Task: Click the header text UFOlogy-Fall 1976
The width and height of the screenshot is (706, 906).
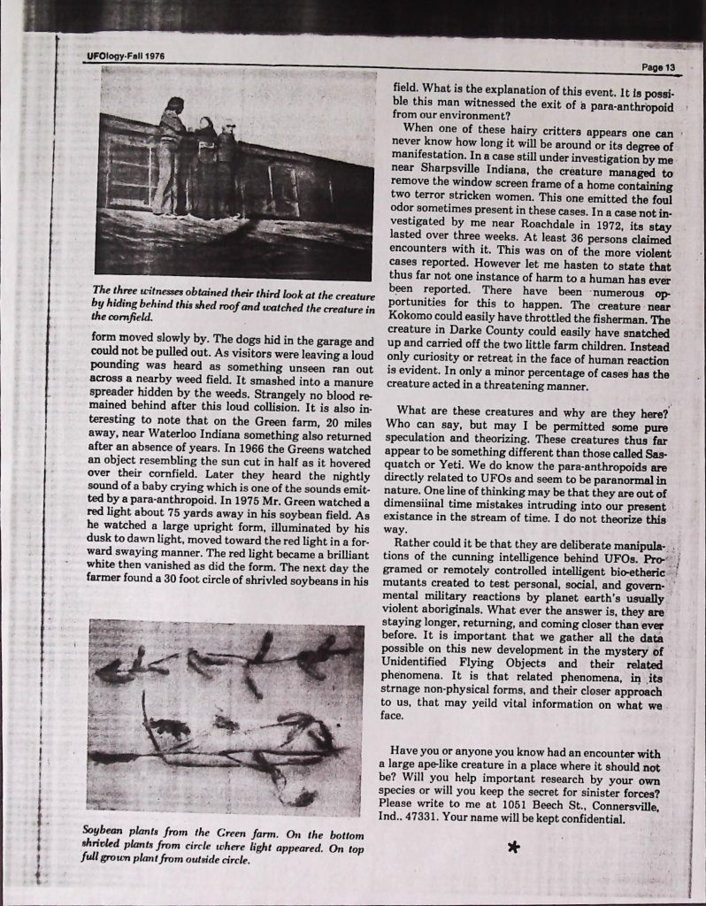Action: point(127,55)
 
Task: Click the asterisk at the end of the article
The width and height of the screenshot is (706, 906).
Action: point(511,848)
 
